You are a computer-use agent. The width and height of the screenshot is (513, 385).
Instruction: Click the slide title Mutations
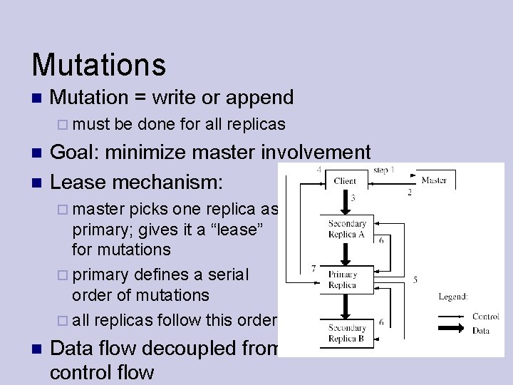98,64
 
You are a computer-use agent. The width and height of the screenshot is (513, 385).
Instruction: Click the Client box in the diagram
346,180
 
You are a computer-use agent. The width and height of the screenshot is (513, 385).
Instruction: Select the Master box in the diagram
434,180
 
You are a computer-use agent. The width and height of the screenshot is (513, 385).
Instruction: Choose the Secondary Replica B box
347,334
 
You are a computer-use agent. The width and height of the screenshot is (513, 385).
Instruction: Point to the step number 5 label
415,280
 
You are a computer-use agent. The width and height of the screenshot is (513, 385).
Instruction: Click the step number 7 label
313,269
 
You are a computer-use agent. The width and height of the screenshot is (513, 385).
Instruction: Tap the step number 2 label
409,192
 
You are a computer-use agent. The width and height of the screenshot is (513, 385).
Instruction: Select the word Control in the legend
485,317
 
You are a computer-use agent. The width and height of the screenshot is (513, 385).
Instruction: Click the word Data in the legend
481,330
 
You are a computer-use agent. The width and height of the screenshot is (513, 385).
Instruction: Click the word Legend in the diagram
453,296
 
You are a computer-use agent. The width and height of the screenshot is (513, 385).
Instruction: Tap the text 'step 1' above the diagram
383,170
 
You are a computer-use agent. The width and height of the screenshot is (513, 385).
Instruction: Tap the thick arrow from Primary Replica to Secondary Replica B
346,304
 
